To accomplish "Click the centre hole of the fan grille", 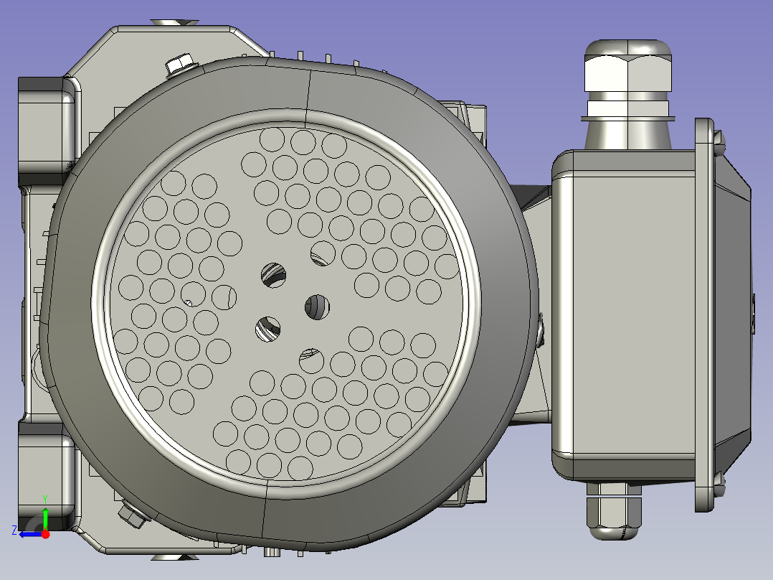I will [317, 307].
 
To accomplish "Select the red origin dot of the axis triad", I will [45, 533].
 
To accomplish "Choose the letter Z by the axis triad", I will [14, 530].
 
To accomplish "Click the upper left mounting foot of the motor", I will [46, 129].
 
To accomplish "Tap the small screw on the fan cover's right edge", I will [539, 329].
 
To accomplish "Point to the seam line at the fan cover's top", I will [308, 93].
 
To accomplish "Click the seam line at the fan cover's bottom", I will [266, 517].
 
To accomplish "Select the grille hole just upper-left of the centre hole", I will [272, 273].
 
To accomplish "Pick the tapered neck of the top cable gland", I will [628, 132].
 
